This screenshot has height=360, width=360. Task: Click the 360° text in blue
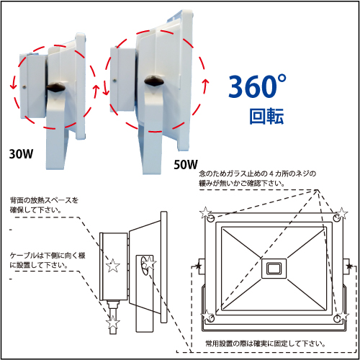coord(257,86)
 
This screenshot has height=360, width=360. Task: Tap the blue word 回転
coord(266,117)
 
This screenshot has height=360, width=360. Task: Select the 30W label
coord(21,154)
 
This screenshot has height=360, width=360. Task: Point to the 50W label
coord(186,165)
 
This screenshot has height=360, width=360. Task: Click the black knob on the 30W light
coord(56,87)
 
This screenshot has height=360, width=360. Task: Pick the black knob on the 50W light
coord(154,81)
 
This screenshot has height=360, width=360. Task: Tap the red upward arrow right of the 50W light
coord(205,87)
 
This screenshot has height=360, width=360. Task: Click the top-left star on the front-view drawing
coord(206,212)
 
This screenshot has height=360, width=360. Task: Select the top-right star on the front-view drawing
coord(342,213)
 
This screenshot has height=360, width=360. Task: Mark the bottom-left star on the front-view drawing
coord(207,315)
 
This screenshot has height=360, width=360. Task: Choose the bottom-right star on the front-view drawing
coord(343,315)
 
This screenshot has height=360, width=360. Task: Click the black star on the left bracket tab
coord(198,266)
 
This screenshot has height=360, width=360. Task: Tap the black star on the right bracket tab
coord(349,266)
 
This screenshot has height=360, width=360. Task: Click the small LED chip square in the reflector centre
coord(274,269)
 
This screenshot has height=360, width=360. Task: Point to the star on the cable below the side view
coord(113,322)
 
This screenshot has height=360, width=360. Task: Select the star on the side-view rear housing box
coord(113,266)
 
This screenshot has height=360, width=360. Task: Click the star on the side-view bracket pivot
coord(149,263)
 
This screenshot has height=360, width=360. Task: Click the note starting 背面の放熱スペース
coord(44,205)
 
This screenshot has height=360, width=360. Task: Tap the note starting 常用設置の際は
coord(266,343)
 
